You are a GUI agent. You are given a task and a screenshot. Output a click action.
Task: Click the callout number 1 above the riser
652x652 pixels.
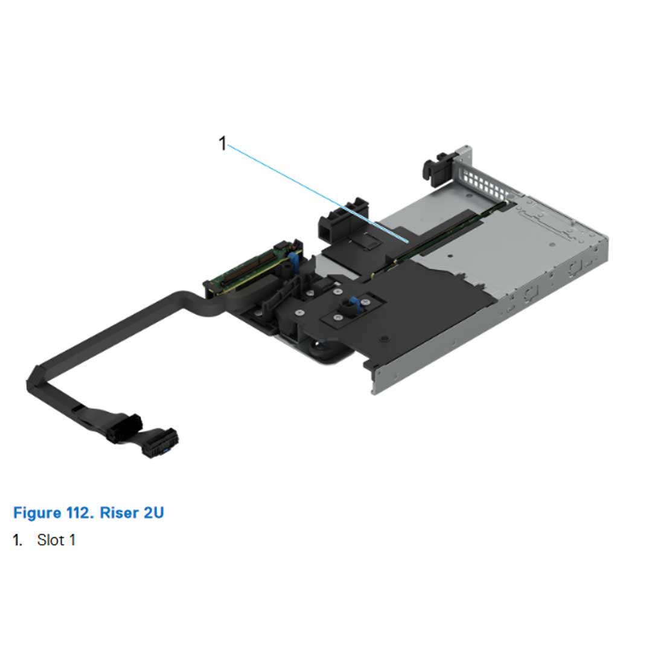[x=222, y=144]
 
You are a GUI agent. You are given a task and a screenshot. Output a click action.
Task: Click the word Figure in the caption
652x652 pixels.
[x=36, y=513]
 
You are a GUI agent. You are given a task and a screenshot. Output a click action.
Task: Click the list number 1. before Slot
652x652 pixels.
[x=18, y=540]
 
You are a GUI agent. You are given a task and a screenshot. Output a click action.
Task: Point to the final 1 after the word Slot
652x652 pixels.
[x=72, y=540]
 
